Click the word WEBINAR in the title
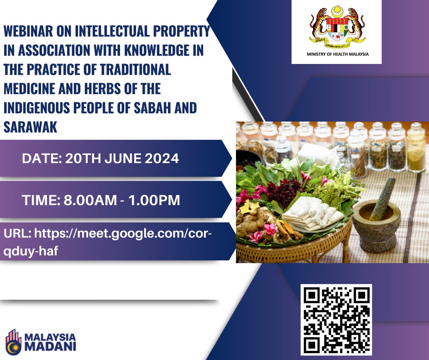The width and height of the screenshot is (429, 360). pos(28,31)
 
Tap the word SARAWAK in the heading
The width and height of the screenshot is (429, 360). pos(31,127)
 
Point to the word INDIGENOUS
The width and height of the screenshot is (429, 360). pos(37,108)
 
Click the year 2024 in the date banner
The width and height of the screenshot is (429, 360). pos(162,159)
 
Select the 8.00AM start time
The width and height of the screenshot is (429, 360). pos(90,200)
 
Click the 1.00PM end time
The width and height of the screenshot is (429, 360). pos(154,200)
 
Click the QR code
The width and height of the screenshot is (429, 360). pos(336,320)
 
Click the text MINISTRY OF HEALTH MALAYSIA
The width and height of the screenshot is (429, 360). pos(338,54)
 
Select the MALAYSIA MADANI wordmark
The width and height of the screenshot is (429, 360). pos(50,342)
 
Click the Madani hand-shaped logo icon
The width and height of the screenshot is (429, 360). pos(13,342)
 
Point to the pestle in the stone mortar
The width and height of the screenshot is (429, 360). pos(383,198)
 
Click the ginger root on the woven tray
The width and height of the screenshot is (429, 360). pos(255,222)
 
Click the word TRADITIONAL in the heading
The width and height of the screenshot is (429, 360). pos(136,69)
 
